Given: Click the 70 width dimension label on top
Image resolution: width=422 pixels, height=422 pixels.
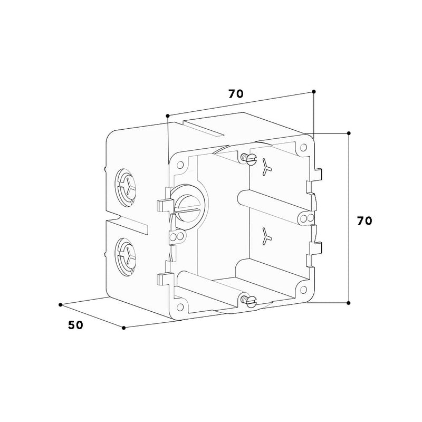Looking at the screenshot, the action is [x=236, y=94].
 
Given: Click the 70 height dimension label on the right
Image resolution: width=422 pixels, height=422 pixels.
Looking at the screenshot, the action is [x=365, y=220].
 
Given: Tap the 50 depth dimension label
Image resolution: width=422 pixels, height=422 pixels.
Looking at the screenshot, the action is [x=75, y=325].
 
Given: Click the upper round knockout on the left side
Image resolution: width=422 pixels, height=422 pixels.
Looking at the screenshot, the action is [x=125, y=188].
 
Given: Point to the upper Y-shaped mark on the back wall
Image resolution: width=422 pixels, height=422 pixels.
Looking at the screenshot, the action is [x=266, y=167].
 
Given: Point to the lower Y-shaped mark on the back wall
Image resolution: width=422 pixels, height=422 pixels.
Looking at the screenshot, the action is [x=266, y=236].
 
